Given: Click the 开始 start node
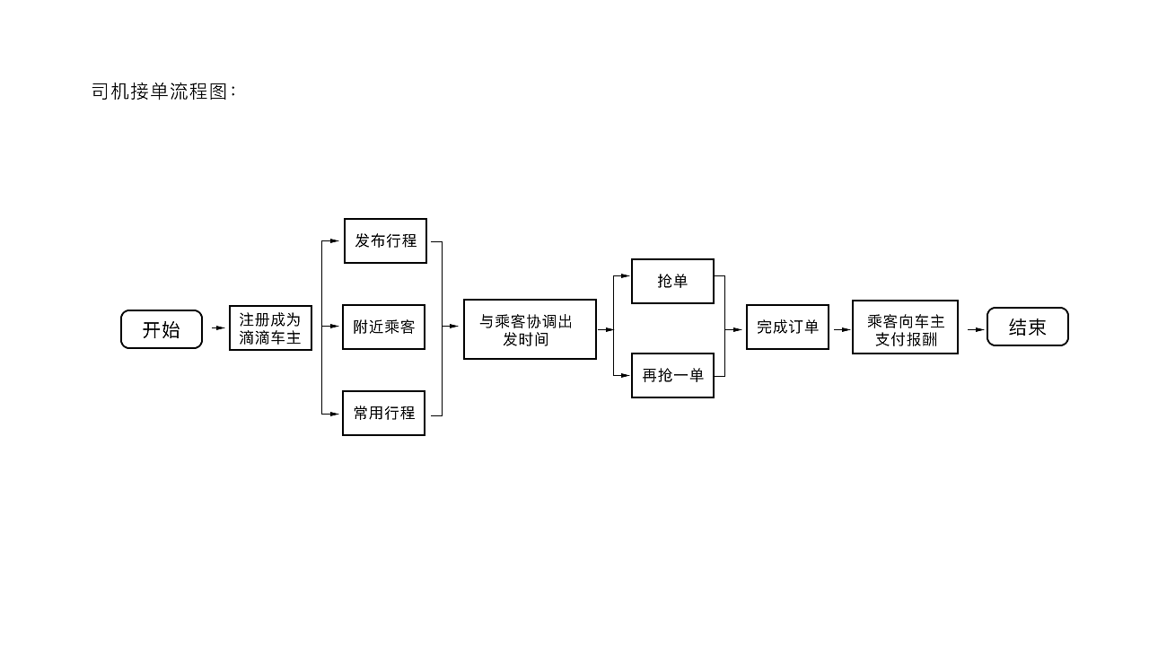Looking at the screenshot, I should click(x=162, y=329).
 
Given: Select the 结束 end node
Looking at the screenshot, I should click(x=1027, y=327).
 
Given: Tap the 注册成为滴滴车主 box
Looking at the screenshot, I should click(x=270, y=328).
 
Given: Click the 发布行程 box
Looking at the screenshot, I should click(x=385, y=240).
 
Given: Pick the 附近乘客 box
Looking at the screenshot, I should click(x=383, y=327).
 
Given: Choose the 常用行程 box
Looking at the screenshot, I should click(x=383, y=414).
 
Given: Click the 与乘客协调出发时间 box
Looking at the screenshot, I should click(x=530, y=329).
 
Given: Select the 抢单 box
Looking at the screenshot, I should click(x=672, y=282).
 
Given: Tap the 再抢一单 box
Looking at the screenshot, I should click(x=672, y=375).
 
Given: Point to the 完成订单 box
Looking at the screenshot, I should click(x=787, y=327).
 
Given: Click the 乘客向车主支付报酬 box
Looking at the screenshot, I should click(x=905, y=327).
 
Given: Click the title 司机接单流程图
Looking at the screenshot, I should click(x=163, y=92).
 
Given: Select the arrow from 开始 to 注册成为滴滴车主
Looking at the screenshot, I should click(x=218, y=328).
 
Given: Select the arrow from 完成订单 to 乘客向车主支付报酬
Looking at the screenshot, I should click(x=842, y=329).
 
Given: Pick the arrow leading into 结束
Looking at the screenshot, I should click(x=976, y=329).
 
